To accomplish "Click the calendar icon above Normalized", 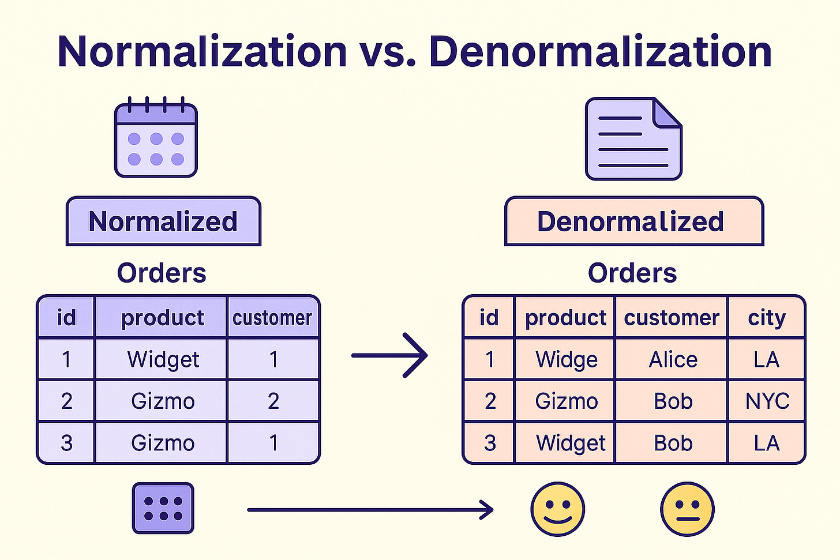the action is (x=156, y=137).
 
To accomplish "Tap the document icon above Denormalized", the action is (x=633, y=138).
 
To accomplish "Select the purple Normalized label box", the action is (x=163, y=221).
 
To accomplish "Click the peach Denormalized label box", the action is (x=634, y=221).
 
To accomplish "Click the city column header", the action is (x=767, y=318).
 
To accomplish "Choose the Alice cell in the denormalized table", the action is (x=673, y=359).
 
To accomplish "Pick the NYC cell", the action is (x=767, y=401).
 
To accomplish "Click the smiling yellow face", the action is (x=558, y=509).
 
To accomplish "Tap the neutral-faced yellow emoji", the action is (x=687, y=509).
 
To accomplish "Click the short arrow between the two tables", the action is (x=389, y=355).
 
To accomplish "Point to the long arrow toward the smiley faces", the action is (x=370, y=510).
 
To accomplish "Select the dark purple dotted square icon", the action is (x=163, y=508).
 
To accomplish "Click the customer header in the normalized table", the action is (x=272, y=318).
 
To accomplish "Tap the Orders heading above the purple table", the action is (x=162, y=273).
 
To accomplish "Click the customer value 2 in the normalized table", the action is (x=273, y=401).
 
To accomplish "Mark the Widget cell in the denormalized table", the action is (x=571, y=443).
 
